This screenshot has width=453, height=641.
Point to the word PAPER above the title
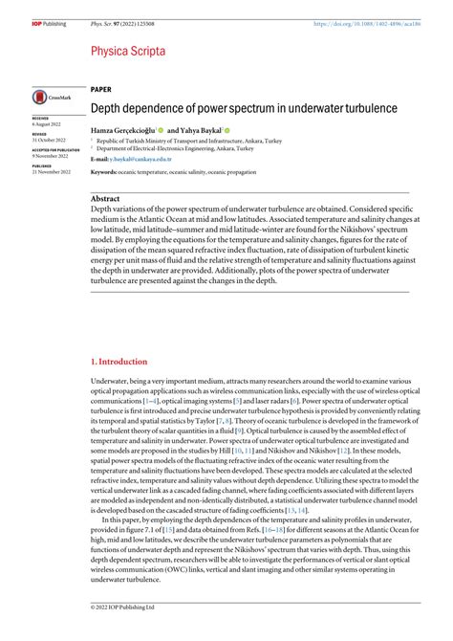[x=102, y=87]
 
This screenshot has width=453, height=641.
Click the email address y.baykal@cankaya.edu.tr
[x=142, y=160]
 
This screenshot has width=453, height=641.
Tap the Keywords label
[x=104, y=172]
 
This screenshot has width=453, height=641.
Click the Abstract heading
[x=105, y=198]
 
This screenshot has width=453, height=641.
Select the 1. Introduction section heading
[x=119, y=362]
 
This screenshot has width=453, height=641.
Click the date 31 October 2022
[x=48, y=141]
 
